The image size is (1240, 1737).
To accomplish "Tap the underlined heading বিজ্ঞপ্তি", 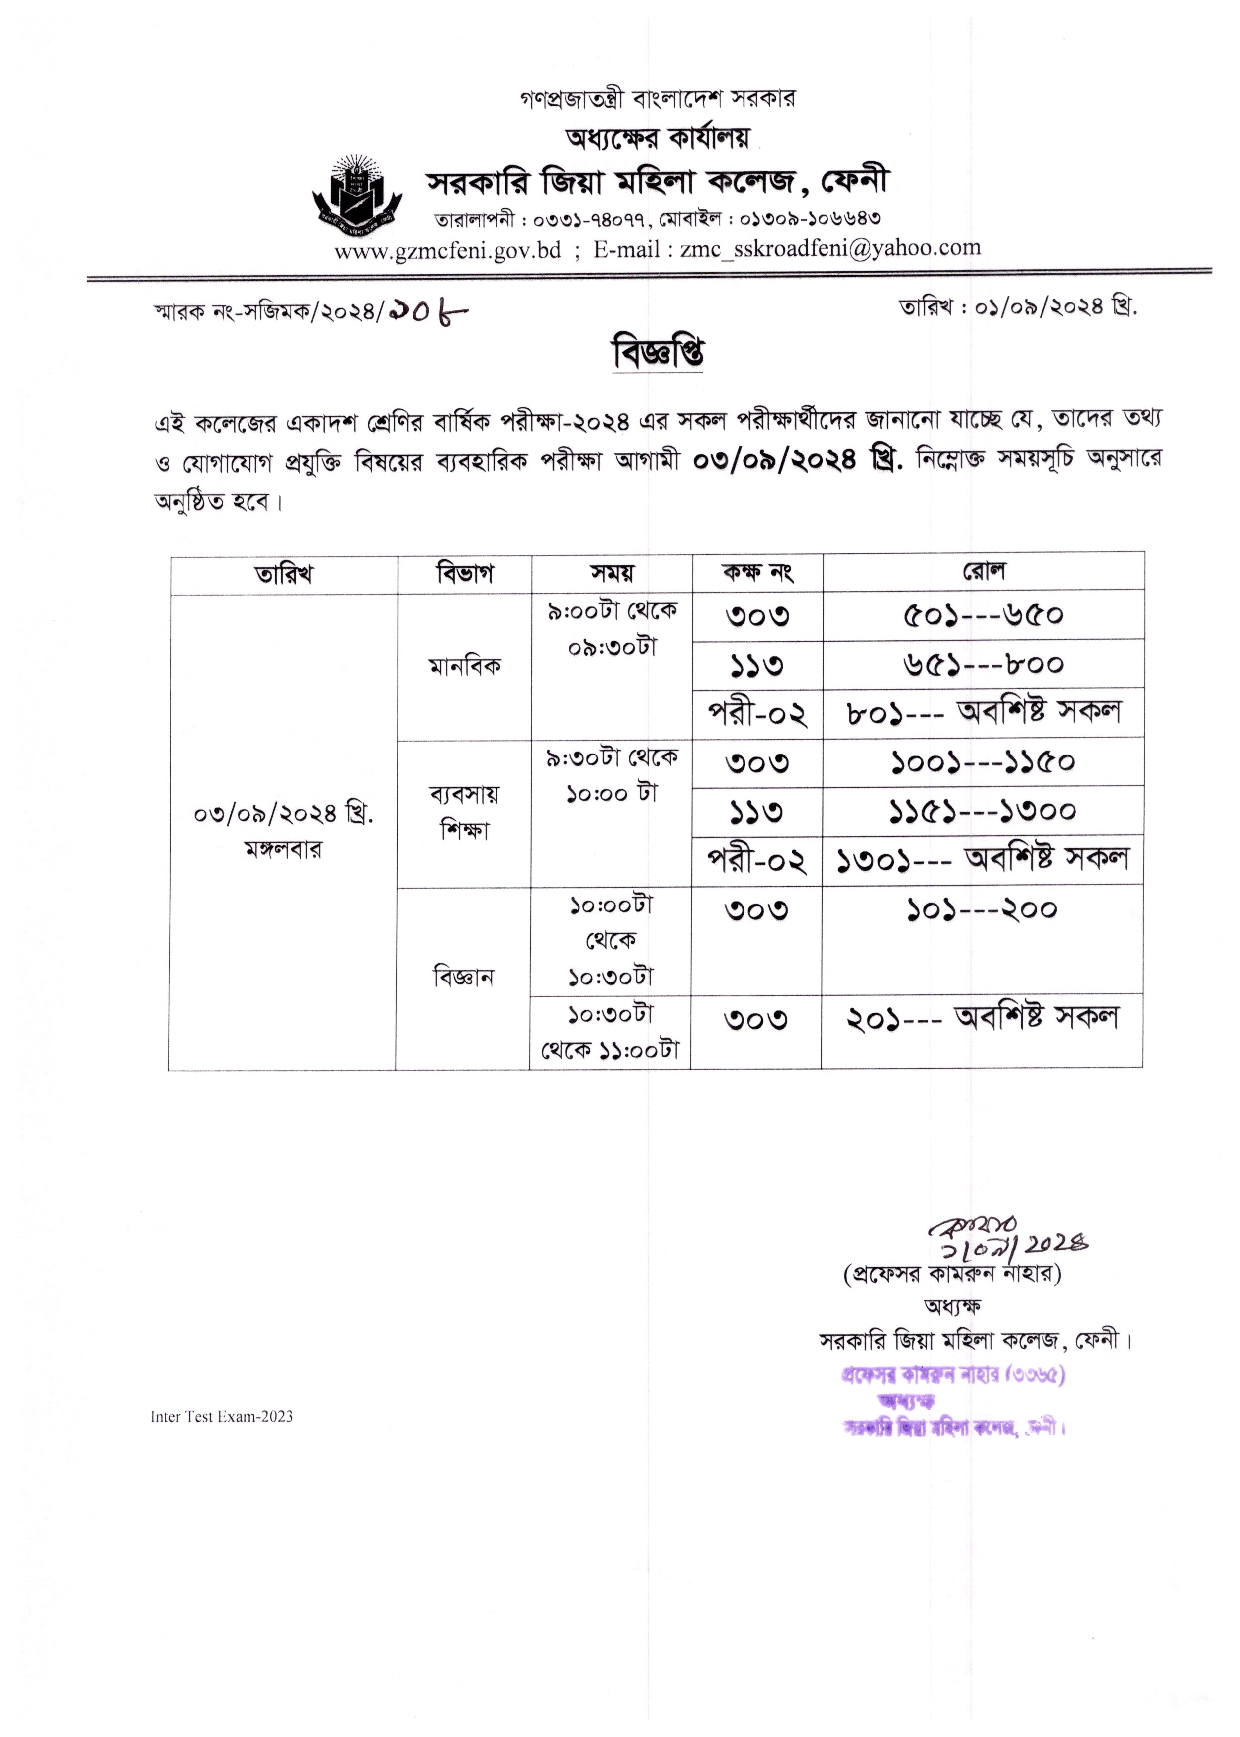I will point(658,353).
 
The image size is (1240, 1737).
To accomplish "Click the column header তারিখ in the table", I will point(284,573).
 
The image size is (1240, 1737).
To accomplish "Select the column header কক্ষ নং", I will point(757,572).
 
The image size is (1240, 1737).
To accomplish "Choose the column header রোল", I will point(984,571).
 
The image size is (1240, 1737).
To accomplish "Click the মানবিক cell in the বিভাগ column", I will point(464,666).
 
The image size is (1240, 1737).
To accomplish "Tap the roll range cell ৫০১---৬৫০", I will point(984,615).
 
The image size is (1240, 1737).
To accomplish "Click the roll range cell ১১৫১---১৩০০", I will point(983,811).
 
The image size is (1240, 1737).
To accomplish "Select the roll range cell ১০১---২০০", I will point(982,909).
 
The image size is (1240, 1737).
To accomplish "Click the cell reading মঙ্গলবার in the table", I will point(283,849).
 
